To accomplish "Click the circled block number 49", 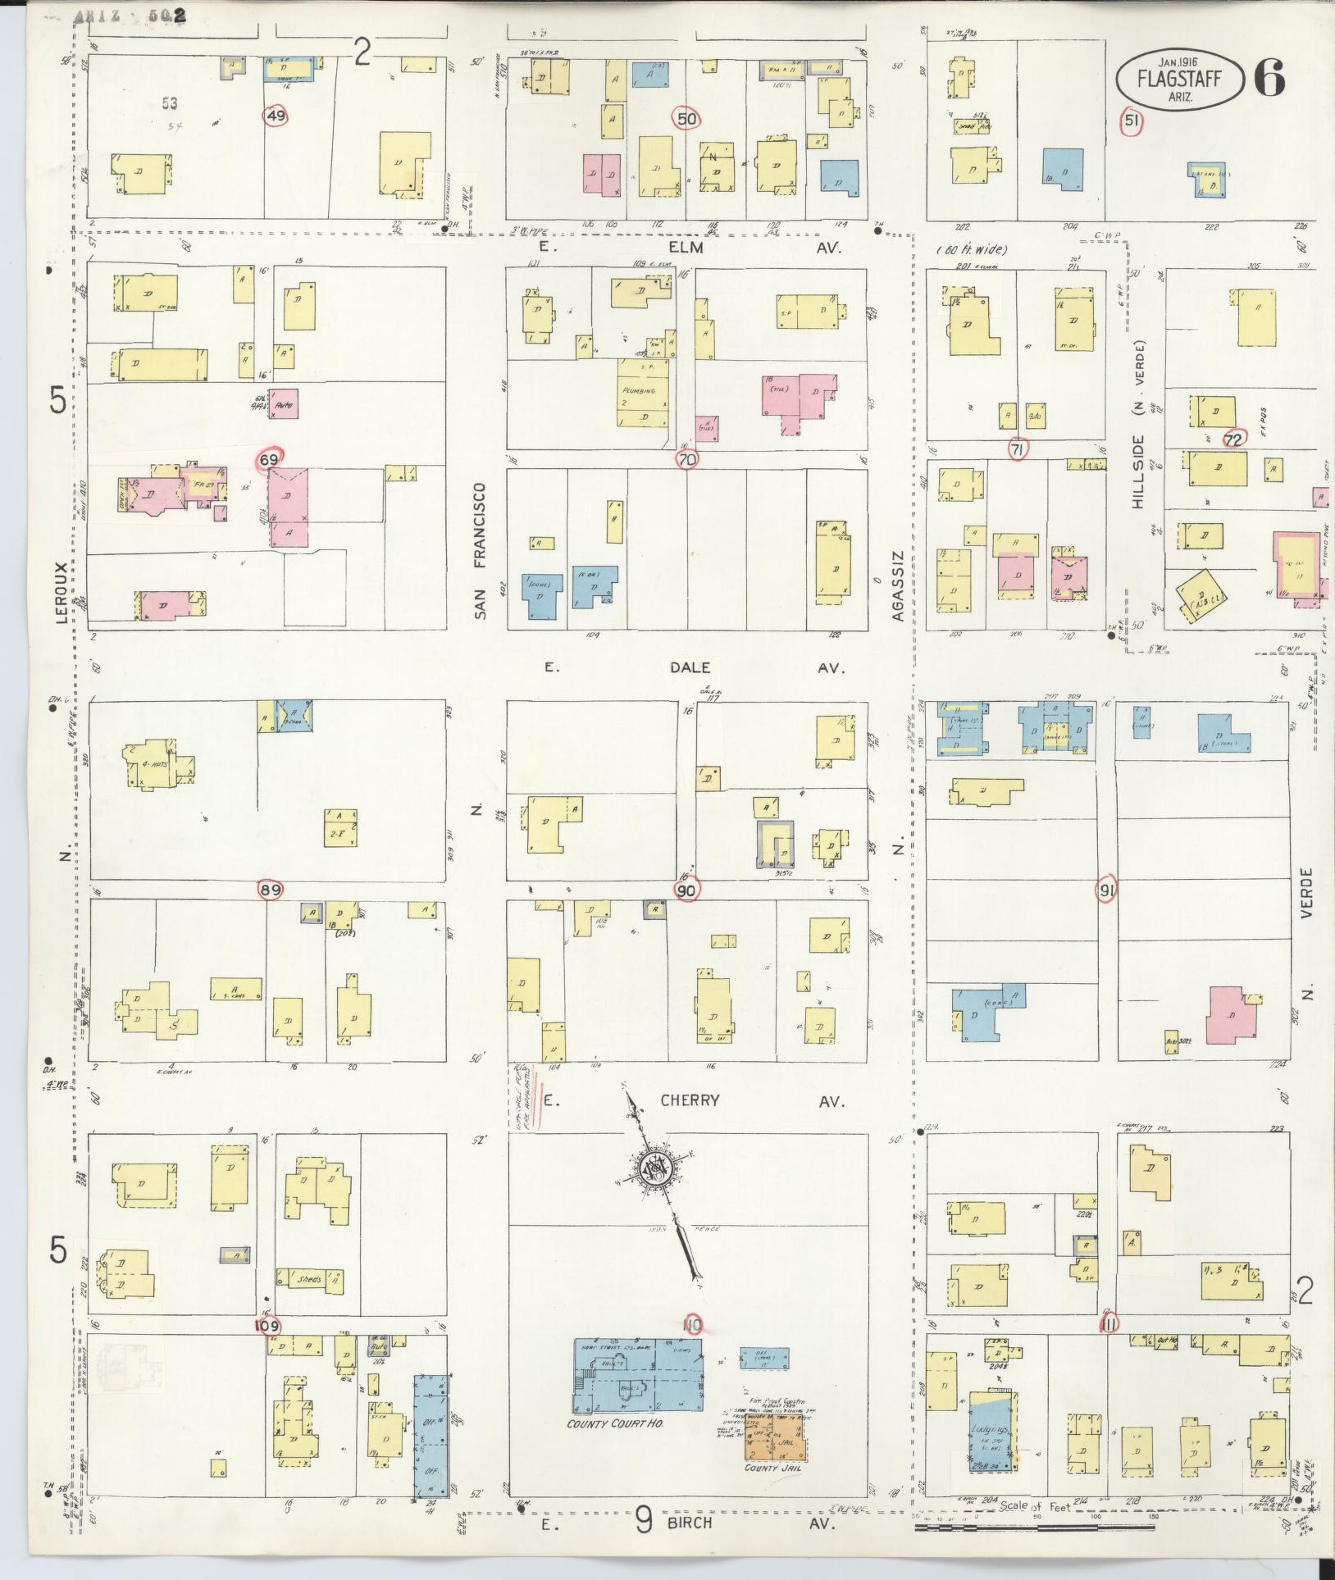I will (x=276, y=116).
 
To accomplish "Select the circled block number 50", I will (x=686, y=120).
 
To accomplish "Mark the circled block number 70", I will (x=687, y=459).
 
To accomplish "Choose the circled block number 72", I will (x=1232, y=439).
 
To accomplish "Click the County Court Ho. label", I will (x=615, y=1424).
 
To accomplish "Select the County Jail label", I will (x=772, y=1467).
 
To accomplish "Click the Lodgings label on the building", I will (x=988, y=1432).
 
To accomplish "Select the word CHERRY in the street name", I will (x=690, y=1100).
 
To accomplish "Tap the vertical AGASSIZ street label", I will (x=897, y=586).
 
